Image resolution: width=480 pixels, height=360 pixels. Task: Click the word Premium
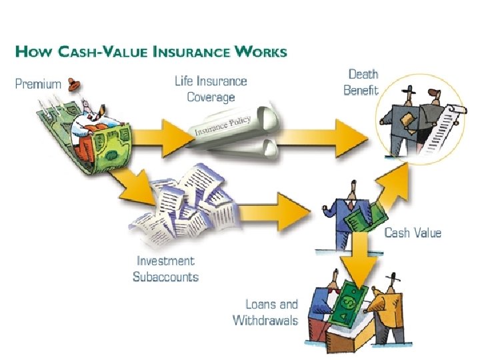coord(38,85)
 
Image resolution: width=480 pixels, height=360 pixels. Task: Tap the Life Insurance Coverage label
coord(211,89)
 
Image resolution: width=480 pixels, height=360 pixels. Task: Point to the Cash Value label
coord(413,233)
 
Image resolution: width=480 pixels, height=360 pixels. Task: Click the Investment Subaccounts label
coord(165,269)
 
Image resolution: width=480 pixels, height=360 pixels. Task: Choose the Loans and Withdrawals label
coord(265,312)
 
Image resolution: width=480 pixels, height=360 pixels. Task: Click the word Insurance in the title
coord(193,51)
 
